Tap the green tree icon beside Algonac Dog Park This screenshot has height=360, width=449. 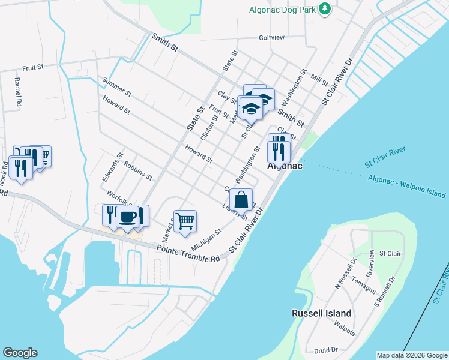tap(325, 8)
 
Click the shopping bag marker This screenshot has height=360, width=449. tap(241, 199)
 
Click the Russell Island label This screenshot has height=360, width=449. tap(321, 313)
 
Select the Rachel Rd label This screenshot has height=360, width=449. tap(19, 92)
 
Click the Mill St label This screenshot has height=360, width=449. tap(320, 80)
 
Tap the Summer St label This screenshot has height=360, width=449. tap(116, 86)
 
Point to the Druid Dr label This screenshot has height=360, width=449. tap(326, 349)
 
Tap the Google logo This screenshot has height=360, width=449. tap(20, 353)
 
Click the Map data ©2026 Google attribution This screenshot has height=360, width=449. tap(412, 355)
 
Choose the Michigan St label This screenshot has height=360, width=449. tap(206, 239)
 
